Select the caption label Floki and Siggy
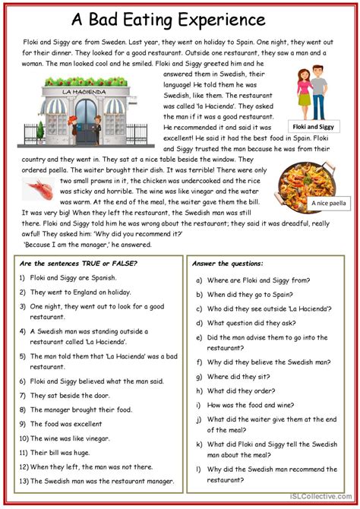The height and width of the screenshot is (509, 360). [x=314, y=127]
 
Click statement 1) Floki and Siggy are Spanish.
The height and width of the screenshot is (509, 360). [x=72, y=277]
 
